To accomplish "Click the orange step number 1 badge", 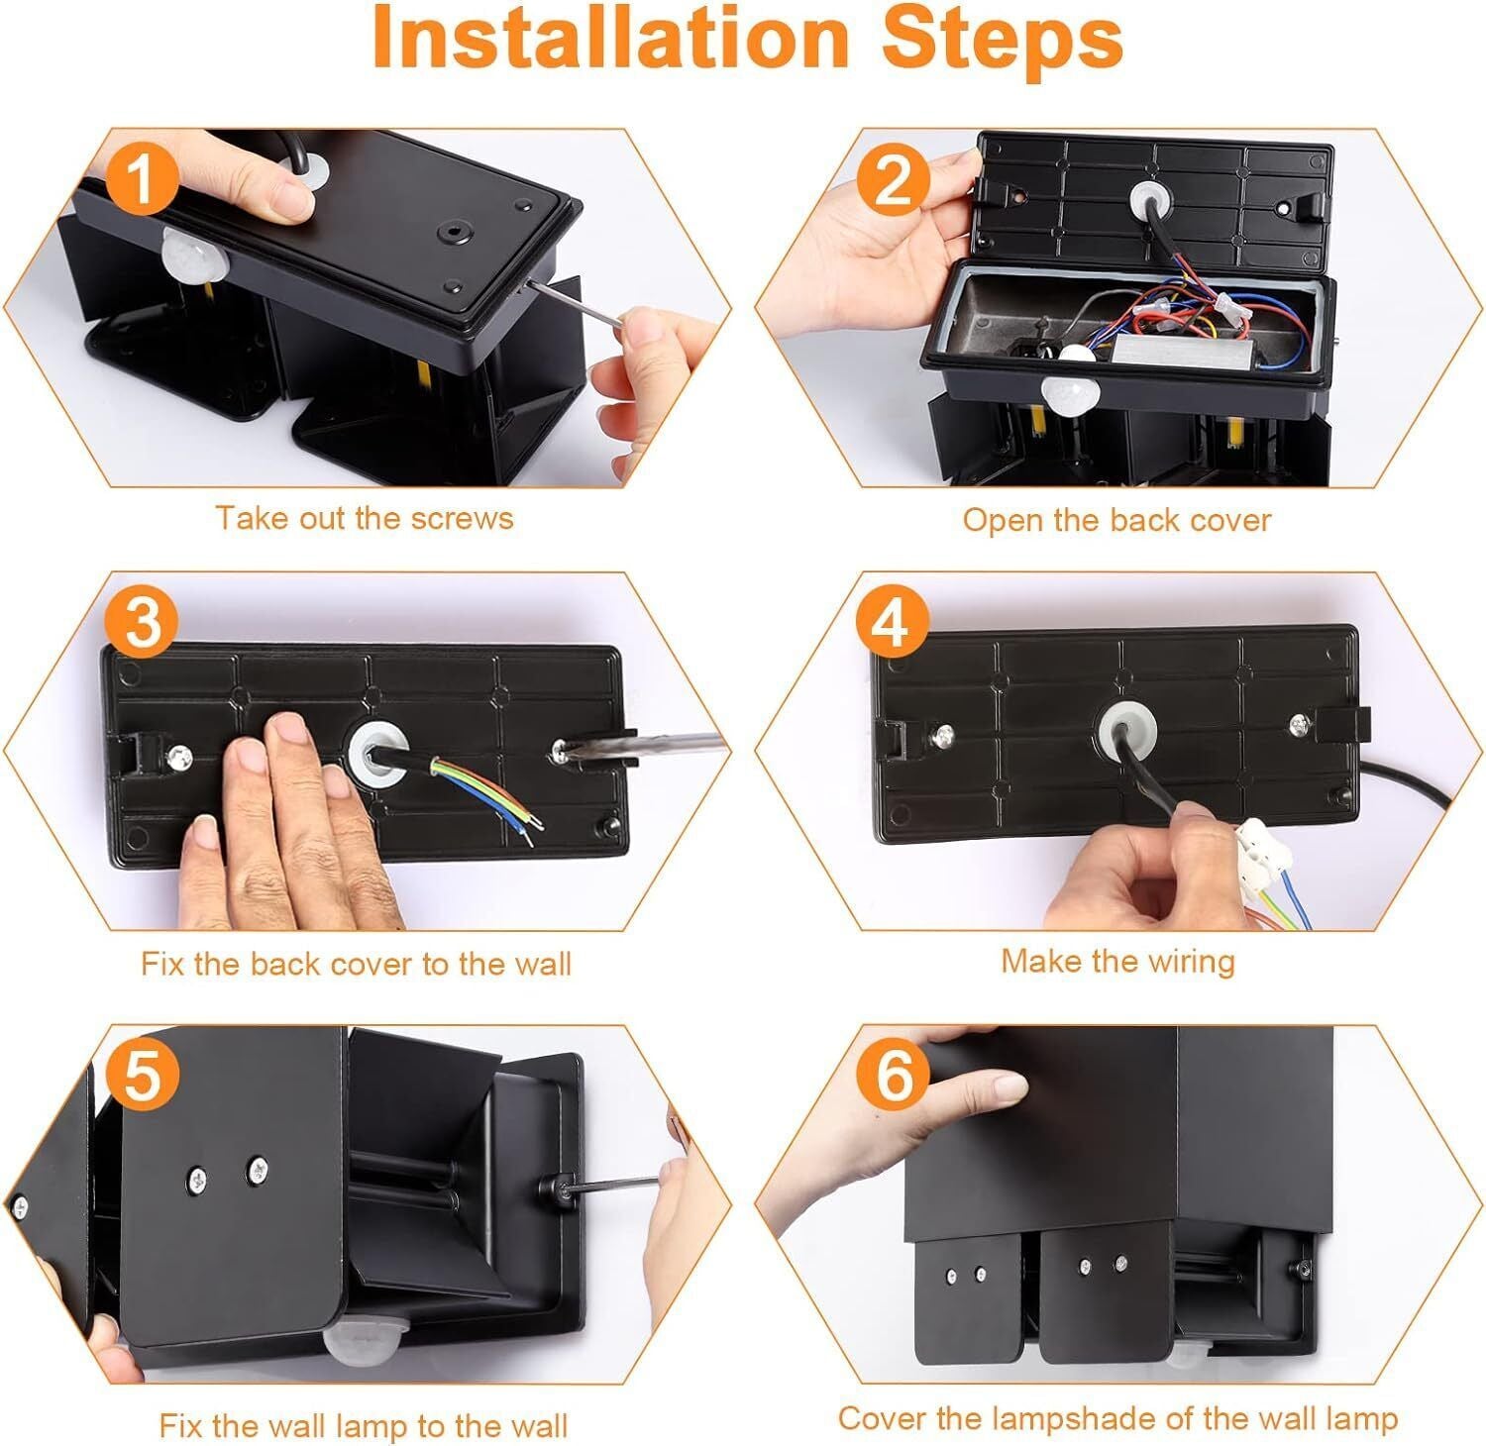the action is tap(143, 179).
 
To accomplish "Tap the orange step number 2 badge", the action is tap(894, 179).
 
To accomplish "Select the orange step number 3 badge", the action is tap(143, 625).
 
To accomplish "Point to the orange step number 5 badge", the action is tap(143, 1076).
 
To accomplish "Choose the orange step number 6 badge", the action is tap(894, 1076).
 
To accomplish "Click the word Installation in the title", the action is tap(609, 38).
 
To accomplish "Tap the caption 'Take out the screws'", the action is tap(365, 518).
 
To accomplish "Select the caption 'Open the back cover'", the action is tap(1116, 520).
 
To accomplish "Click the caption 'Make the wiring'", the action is tap(1117, 961).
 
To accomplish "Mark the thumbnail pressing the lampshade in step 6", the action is tap(1010, 1087).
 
